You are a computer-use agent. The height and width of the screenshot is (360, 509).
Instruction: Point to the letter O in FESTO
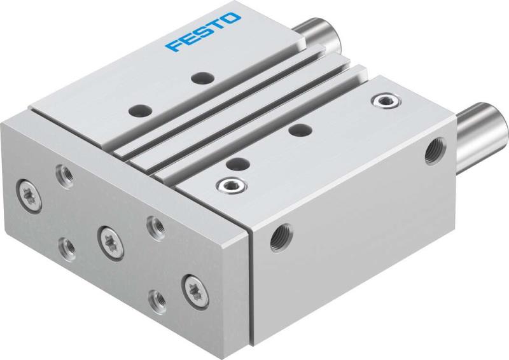click(233, 18)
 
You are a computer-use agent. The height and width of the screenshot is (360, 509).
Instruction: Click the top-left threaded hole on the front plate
click(64, 172)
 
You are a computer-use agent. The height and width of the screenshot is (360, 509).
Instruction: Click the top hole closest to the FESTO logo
click(203, 78)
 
